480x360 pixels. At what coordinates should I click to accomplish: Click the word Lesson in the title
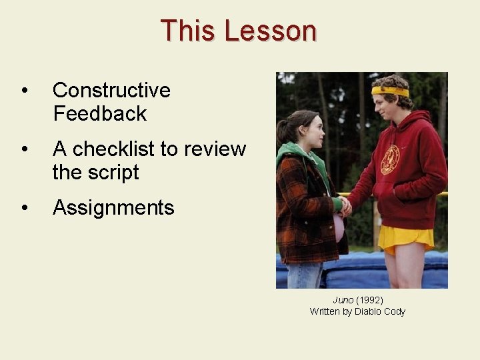tap(270, 31)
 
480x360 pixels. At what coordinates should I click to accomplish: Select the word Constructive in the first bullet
tap(111, 90)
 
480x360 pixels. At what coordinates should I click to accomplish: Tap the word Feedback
tap(99, 113)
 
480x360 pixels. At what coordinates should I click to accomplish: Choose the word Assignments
tap(113, 207)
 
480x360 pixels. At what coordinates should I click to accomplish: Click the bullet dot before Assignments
tap(24, 208)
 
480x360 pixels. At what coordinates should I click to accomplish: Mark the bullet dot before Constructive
tap(24, 91)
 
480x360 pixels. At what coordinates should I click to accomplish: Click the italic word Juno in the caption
tap(343, 300)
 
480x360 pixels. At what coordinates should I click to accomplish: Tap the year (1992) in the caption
tap(369, 300)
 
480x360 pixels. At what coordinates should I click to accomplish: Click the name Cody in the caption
tap(395, 311)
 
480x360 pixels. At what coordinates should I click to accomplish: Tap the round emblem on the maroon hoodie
tap(389, 160)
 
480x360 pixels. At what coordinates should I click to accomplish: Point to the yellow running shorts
tap(405, 238)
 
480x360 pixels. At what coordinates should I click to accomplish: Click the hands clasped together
tap(344, 205)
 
